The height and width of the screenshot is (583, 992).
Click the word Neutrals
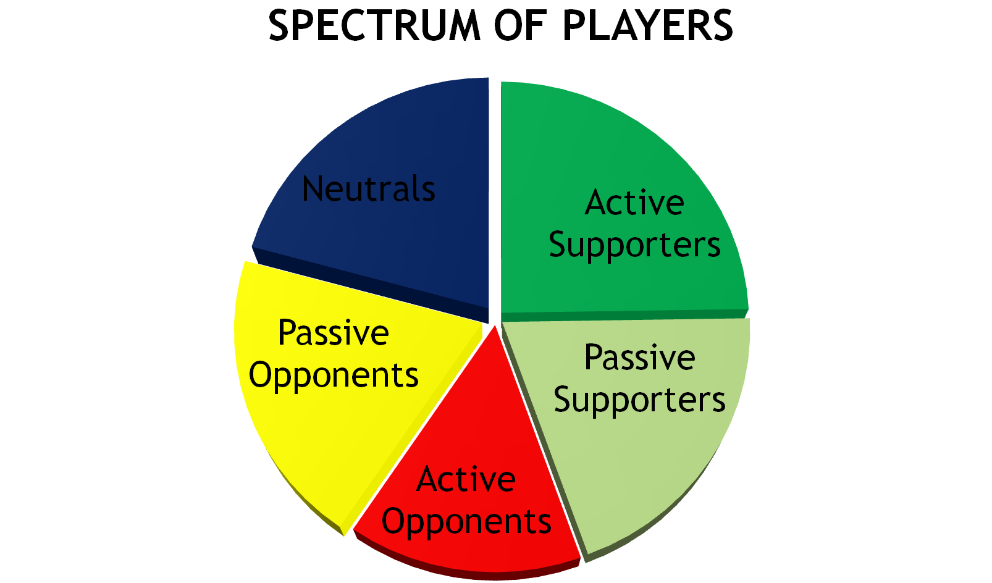[369, 189]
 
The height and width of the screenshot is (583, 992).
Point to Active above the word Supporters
[634, 203]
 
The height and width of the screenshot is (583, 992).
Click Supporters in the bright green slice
[634, 245]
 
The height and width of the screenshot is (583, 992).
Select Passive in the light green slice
[639, 358]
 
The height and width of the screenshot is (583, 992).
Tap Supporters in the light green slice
[639, 400]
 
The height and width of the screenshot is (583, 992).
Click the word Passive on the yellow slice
[333, 333]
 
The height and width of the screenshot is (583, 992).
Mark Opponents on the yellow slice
[334, 375]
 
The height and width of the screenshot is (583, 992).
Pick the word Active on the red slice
[466, 480]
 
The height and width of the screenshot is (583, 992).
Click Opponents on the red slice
[466, 522]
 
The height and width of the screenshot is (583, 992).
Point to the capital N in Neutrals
[314, 189]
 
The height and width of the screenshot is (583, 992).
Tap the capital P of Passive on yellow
[287, 333]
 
